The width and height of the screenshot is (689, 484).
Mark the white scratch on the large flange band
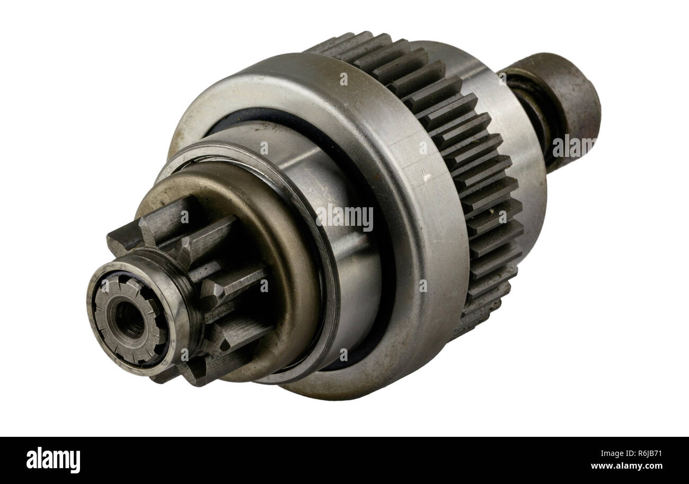point(425,172)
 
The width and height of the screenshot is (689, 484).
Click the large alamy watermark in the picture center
point(344,217)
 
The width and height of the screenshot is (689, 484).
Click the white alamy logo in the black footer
point(53,460)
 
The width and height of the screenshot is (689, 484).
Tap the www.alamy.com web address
point(626,467)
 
